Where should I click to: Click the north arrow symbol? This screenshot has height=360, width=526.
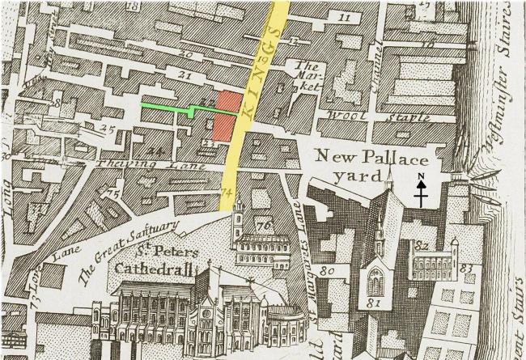pos(421,191)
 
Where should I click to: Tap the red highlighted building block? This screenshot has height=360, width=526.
pos(226,116)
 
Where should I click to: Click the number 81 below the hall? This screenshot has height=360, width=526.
pos(375,303)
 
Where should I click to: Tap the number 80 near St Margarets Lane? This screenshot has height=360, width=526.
pos(326,270)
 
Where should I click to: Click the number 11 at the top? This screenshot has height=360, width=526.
pos(346,17)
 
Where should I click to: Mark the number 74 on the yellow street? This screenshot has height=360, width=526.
pos(226,193)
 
